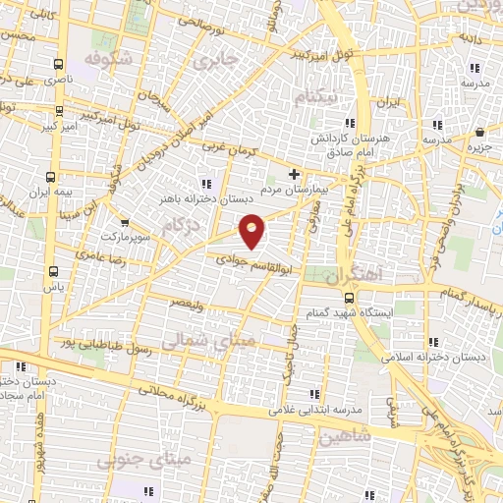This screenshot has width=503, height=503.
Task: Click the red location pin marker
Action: pos(252,230)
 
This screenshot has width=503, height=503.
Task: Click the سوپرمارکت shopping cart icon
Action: pos(123,222)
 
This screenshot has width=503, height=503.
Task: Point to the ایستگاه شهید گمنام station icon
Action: pos(349,297)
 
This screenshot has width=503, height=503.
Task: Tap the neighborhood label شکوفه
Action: pos(107,60)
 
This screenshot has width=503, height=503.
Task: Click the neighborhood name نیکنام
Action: pos(320,98)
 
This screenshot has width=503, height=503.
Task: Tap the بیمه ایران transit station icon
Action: pos(51,177)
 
